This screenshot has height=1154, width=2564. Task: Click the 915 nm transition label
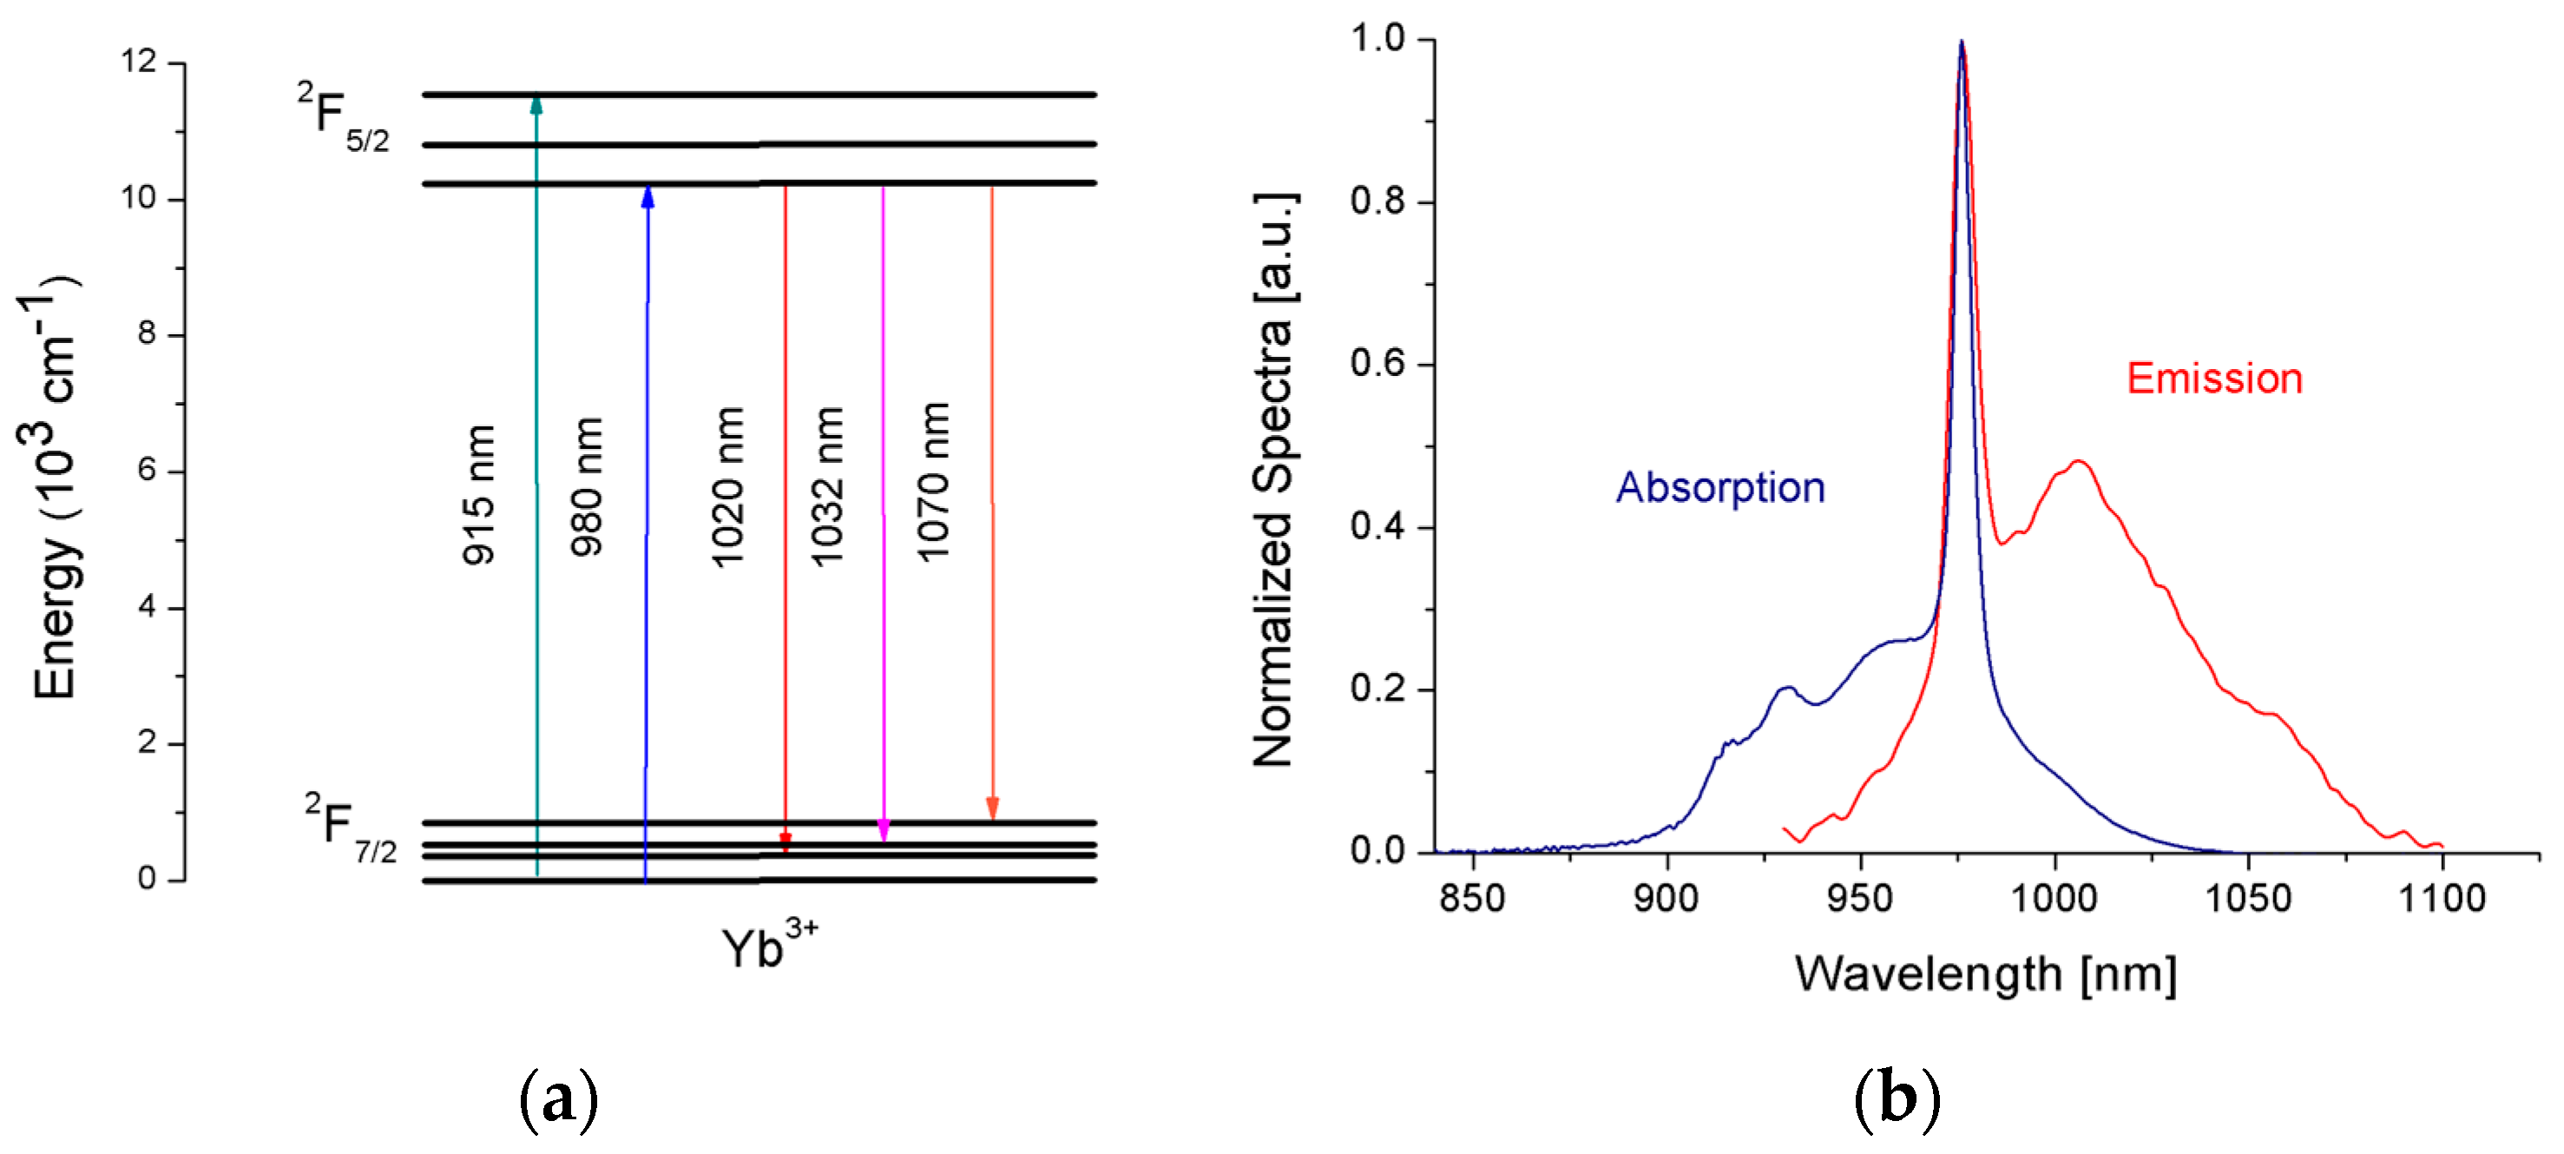point(479,495)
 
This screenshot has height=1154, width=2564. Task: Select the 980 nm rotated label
point(586,487)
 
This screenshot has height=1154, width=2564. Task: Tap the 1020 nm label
point(728,487)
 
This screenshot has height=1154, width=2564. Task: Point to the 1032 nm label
point(827,487)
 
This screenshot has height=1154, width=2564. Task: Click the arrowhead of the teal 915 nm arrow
point(536,104)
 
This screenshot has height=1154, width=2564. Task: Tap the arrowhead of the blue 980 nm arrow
point(648,196)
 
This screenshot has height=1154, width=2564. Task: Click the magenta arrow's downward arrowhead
point(883,830)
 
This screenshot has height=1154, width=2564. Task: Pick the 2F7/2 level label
point(351,828)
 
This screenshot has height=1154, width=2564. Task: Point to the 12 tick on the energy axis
point(140,63)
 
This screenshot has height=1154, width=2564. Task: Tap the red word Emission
point(2214,379)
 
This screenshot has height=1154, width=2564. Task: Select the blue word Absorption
point(1720,488)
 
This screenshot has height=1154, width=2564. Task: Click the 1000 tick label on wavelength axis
point(2054,899)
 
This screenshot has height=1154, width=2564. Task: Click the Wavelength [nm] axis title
point(1985,973)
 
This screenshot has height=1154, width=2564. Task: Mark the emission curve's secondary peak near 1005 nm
point(2077,462)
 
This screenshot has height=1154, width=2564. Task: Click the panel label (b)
point(1897,1099)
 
